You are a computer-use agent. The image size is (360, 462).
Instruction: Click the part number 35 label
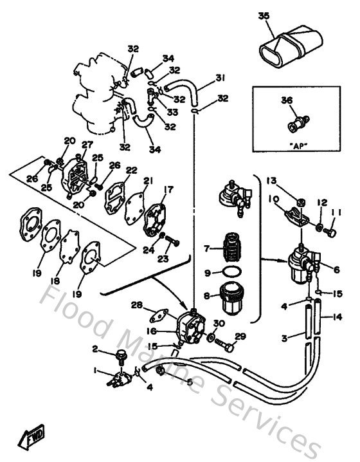[x=264, y=15]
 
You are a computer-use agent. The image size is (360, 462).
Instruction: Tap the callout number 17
[x=168, y=189]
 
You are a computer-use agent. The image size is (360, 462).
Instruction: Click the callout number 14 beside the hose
[x=338, y=317]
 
